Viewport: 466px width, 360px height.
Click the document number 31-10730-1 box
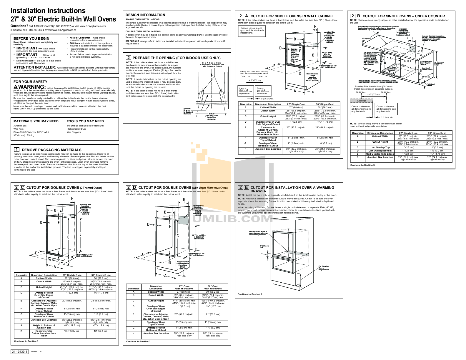(20, 352)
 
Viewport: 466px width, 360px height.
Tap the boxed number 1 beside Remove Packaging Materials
(17, 150)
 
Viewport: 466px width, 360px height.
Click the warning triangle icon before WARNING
(16, 87)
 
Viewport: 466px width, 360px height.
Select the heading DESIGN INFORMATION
(145, 15)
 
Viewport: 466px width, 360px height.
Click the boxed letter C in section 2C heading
(22, 187)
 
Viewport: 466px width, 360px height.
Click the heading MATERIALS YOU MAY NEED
(36, 121)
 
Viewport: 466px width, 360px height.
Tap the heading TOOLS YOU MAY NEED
(85, 121)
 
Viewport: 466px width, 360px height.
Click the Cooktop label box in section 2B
(361, 101)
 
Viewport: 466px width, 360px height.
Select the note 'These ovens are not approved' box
(252, 30)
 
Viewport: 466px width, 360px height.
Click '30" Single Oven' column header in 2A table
(325, 104)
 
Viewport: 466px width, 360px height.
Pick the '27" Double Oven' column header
(72, 275)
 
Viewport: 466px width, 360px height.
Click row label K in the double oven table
(21, 331)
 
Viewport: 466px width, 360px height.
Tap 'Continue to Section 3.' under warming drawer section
(250, 294)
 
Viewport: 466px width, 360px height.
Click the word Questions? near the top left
(19, 26)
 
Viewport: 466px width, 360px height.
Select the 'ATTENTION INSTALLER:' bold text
(35, 67)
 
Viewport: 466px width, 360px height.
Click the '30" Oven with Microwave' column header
(213, 287)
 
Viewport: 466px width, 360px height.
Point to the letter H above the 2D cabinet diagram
(184, 199)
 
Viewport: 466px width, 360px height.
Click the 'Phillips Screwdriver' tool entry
(76, 129)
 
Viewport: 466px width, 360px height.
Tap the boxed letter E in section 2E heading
(246, 187)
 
